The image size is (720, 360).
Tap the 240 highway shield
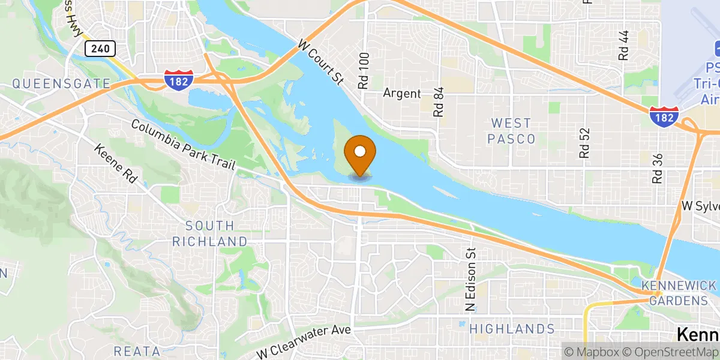pyautogui.click(x=100, y=49)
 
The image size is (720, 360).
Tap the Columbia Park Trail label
pyautogui.click(x=183, y=145)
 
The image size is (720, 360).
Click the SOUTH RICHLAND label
pyautogui.click(x=209, y=233)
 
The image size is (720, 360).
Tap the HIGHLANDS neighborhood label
pyautogui.click(x=512, y=329)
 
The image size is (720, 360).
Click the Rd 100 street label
pyautogui.click(x=364, y=71)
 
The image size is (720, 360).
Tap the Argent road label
pyautogui.click(x=403, y=94)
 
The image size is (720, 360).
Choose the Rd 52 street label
pyautogui.click(x=585, y=142)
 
